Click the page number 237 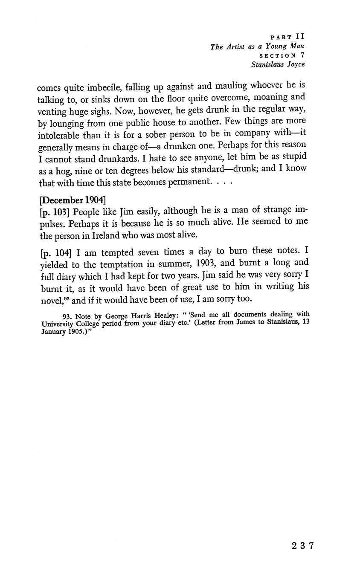[303, 545]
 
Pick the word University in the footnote [58, 324]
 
